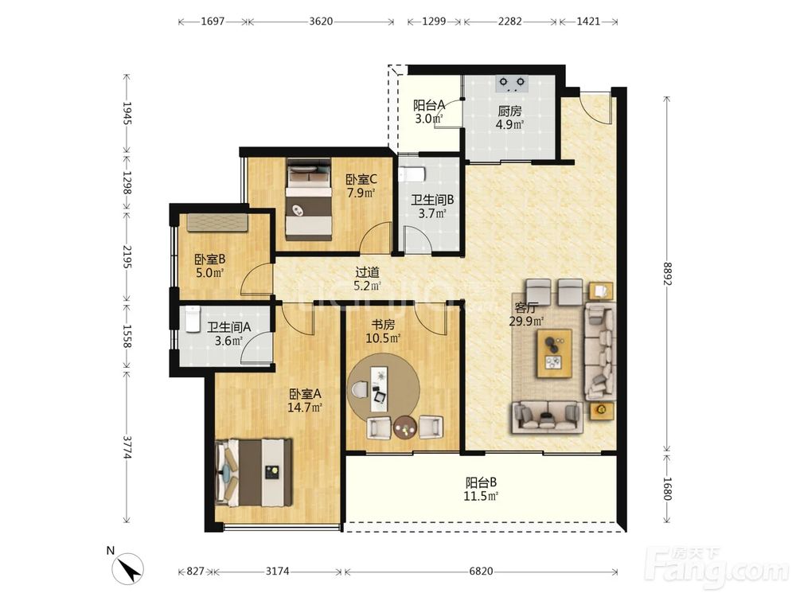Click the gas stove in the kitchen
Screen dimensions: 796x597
point(511,84)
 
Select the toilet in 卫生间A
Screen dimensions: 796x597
point(193,319)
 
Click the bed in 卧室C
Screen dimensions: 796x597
point(309,199)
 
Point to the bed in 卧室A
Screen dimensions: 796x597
point(255,473)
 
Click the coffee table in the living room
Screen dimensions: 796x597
point(555,353)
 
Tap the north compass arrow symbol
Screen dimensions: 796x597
point(128,568)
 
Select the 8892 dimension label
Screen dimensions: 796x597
point(667,274)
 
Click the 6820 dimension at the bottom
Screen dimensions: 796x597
point(481,572)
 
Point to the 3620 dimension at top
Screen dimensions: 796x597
point(321,21)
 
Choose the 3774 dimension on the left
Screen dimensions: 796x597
point(127,447)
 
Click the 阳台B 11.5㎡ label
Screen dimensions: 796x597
point(481,489)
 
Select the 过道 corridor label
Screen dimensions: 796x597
point(367,272)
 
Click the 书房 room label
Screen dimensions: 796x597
point(384,325)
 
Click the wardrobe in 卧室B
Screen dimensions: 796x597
point(217,222)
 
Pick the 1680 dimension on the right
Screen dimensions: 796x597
point(667,488)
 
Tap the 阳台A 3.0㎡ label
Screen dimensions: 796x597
point(429,111)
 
